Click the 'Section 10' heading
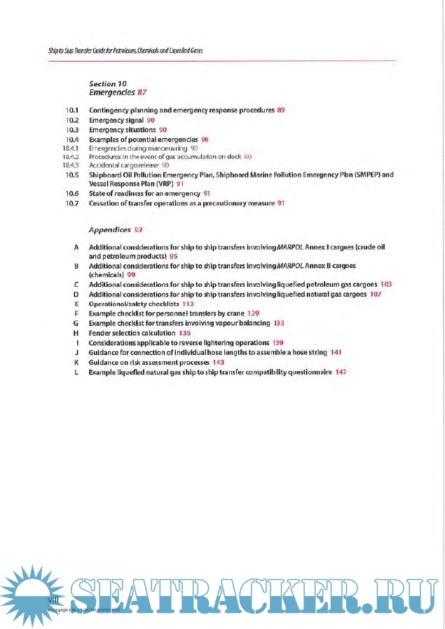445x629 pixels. click(107, 83)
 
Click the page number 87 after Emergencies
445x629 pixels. click(142, 93)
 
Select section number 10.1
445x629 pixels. click(71, 111)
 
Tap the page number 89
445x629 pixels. click(281, 111)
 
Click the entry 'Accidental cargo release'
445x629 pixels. click(124, 165)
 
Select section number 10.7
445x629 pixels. click(71, 203)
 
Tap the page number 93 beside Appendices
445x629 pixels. click(139, 229)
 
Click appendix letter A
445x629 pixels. click(75, 248)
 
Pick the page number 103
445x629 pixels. click(385, 284)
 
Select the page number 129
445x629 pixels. click(254, 313)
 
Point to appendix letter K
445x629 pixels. click(75, 363)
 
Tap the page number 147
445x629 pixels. click(341, 372)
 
